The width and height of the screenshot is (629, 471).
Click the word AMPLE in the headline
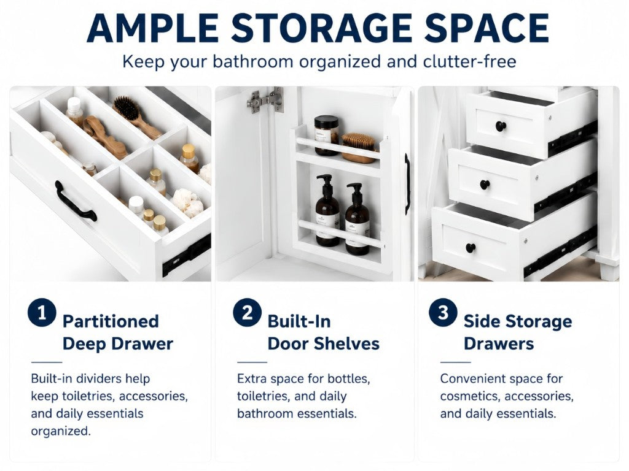(x=152, y=28)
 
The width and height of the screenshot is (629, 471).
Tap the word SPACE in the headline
(x=486, y=28)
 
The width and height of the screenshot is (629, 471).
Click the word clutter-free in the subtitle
(x=469, y=62)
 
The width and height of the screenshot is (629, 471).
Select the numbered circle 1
(x=42, y=312)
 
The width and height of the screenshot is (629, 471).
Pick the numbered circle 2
(x=247, y=312)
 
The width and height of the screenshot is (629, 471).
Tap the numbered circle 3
(x=443, y=312)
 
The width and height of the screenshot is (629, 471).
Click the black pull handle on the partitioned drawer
(x=76, y=201)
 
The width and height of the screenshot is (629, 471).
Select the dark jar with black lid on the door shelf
(x=326, y=136)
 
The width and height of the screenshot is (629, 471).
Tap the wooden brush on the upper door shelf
(x=359, y=148)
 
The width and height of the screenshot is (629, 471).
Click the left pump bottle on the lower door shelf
(x=327, y=211)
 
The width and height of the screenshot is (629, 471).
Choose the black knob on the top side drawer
(x=500, y=126)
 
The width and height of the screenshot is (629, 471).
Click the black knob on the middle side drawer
(x=485, y=185)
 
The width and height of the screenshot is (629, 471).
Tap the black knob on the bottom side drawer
(x=471, y=248)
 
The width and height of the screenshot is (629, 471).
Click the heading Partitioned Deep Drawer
(x=117, y=332)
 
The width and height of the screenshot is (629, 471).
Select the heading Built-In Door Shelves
(x=323, y=332)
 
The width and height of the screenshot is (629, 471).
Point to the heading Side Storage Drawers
(x=518, y=332)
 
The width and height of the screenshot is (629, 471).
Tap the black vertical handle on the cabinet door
(x=408, y=184)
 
